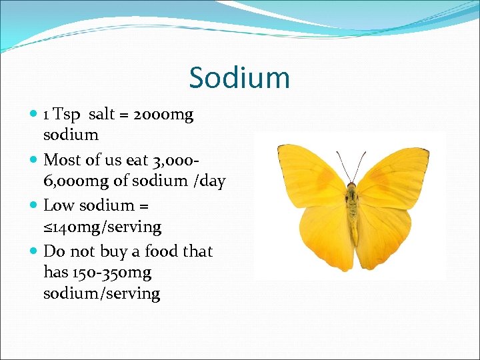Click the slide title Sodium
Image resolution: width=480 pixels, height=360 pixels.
(x=239, y=77)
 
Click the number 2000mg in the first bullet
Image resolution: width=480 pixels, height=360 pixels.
(x=163, y=114)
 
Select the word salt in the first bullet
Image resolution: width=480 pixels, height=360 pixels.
(x=101, y=114)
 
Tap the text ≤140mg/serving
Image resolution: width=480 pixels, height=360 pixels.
(x=102, y=227)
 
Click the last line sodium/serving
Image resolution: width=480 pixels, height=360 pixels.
(x=101, y=293)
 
